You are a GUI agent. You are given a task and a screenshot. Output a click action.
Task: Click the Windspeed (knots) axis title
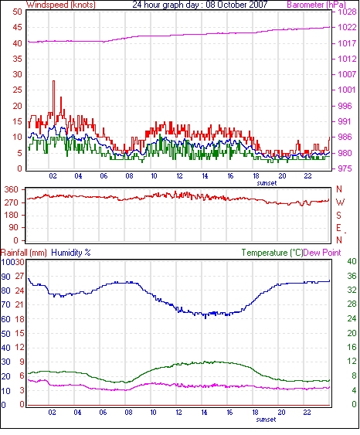point(61,5)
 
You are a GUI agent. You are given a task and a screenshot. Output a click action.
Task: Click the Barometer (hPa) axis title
point(317,5)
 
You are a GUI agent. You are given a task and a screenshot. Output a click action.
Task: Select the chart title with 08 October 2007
point(199,5)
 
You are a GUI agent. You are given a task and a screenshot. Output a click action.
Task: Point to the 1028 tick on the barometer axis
point(347,12)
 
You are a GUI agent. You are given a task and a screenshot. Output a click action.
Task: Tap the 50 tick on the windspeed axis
point(17,12)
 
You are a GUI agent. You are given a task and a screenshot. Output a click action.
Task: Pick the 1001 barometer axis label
point(347,90)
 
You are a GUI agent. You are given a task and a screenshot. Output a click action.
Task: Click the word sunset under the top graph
point(267,183)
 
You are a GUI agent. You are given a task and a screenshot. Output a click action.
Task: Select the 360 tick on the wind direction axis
point(12,190)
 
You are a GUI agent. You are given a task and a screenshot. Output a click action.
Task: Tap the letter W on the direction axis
point(340,202)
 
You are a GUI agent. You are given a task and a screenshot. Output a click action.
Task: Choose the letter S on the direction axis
point(338,216)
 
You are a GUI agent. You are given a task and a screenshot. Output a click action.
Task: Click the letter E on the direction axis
point(338,228)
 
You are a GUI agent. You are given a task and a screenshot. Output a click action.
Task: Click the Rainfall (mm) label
point(24,253)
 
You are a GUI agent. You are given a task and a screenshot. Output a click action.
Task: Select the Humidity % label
point(71,253)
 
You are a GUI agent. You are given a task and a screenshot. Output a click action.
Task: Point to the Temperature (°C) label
point(272,253)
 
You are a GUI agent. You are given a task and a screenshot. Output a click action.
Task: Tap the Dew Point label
point(322,253)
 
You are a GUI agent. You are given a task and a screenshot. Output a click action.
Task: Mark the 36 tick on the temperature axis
point(352,276)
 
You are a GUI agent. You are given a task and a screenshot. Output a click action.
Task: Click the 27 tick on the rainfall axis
point(20,277)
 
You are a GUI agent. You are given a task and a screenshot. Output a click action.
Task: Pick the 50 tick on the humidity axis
point(5,334)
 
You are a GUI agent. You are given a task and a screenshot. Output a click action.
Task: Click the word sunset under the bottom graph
point(266,420)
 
